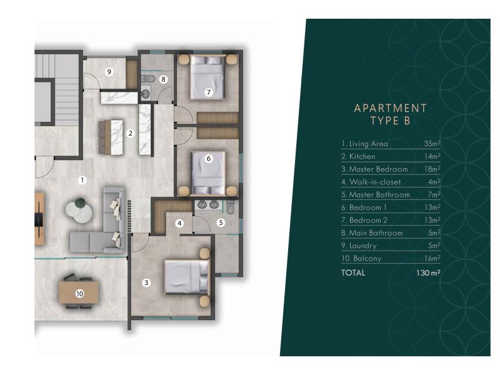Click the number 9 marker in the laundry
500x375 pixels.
pos(109,72)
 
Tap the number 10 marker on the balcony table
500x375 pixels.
pos(79,293)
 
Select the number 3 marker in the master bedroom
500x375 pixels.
pos(146,282)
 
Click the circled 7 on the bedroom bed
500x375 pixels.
pos(209,92)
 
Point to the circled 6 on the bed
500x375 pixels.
pos(209,159)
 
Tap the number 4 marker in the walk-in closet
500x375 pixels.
pos(179,222)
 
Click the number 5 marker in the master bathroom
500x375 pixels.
pos(221,222)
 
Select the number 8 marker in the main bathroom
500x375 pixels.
pos(163,79)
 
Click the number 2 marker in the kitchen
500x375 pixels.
pos(130,133)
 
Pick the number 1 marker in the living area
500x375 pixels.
pos(82,180)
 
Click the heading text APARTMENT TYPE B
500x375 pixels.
pos(390,115)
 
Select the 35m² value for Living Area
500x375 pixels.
pos(432,144)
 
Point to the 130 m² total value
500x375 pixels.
pos(428,273)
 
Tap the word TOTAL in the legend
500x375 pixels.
pos(353,273)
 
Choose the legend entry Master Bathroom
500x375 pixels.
pos(376,194)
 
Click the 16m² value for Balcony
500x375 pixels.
pos(432,258)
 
